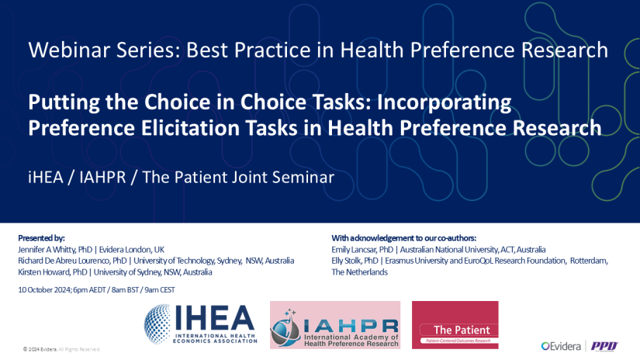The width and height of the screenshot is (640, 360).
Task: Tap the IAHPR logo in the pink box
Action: [334, 325]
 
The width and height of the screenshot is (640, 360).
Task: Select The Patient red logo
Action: [455, 325]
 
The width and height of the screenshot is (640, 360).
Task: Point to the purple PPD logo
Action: [604, 345]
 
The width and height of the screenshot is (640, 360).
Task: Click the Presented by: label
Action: [40, 237]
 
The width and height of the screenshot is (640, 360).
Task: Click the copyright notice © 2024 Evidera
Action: [61, 350]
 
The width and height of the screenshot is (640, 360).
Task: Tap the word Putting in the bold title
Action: [62, 102]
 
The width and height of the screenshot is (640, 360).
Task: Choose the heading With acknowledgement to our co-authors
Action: [403, 237]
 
